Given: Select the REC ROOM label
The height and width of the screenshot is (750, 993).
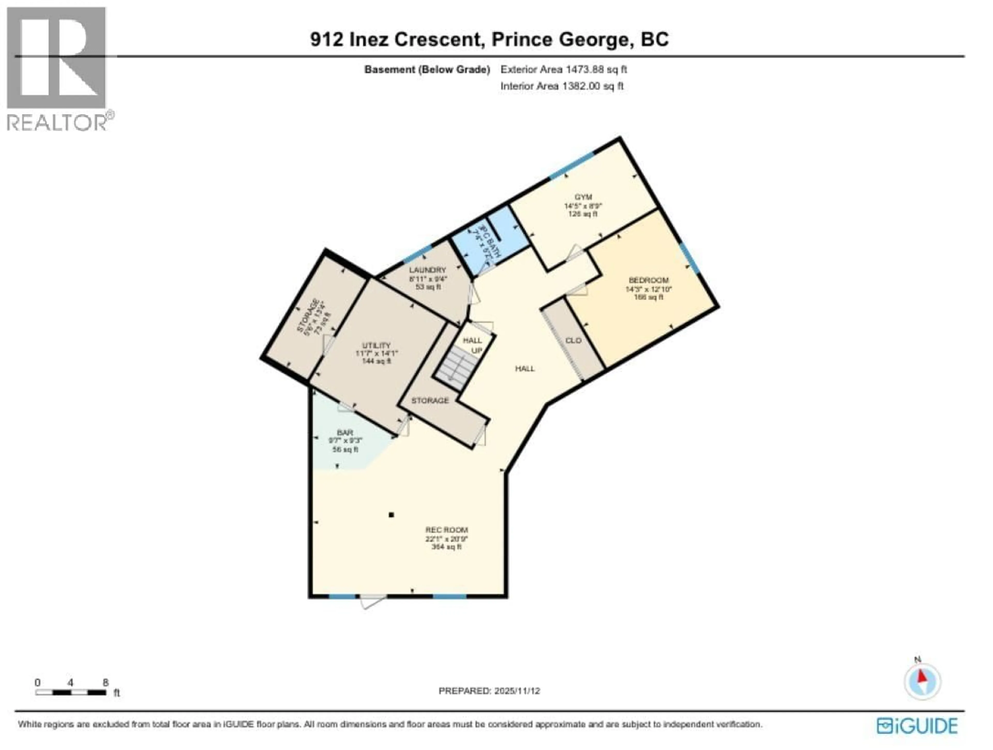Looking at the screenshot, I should (x=446, y=530).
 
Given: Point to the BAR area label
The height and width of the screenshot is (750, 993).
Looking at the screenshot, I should (x=345, y=432).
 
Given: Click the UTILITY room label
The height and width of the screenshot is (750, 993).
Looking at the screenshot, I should (x=376, y=345).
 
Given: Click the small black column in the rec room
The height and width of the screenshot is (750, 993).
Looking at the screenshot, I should (x=391, y=515).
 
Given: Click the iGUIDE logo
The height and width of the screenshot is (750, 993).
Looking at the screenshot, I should (x=917, y=726).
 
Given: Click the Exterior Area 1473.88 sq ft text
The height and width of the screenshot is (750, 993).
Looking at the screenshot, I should (x=563, y=69).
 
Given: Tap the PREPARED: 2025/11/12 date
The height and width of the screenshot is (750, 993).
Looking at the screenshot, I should (x=489, y=691).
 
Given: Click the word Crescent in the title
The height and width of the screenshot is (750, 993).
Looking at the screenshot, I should (x=438, y=40).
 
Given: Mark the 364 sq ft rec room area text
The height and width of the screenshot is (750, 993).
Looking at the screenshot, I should (x=446, y=547).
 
